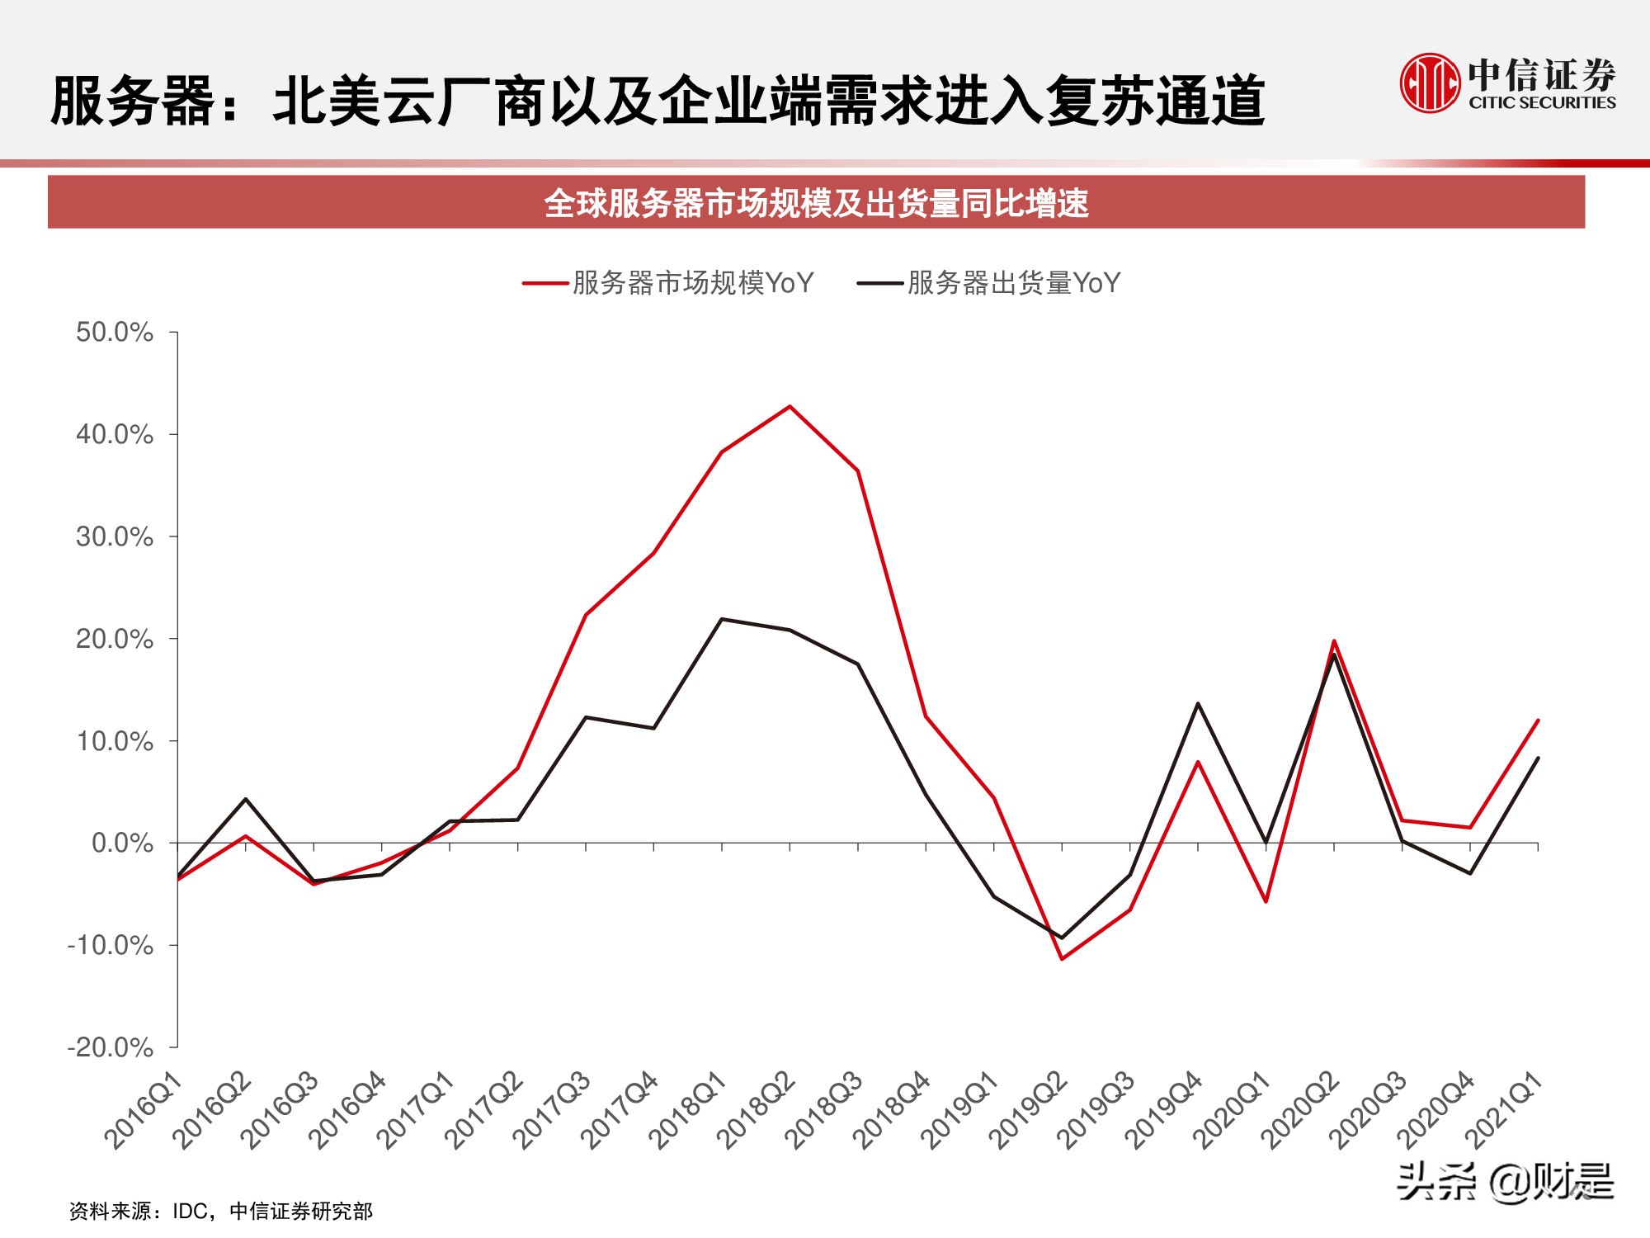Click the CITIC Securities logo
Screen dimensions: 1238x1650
pyautogui.click(x=1508, y=83)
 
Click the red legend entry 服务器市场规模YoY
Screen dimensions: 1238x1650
pyautogui.click(x=668, y=283)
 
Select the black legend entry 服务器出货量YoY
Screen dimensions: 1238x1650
pyautogui.click(x=989, y=283)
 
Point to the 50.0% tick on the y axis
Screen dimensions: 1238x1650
pyautogui.click(x=115, y=333)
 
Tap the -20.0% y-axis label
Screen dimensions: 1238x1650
pyautogui.click(x=111, y=1047)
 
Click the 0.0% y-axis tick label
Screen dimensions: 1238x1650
pyautogui.click(x=122, y=843)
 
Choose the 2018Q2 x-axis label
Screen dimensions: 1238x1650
pyautogui.click(x=756, y=1110)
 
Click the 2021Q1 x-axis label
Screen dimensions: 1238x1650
pyautogui.click(x=1503, y=1110)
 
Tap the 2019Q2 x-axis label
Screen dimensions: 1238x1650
pyautogui.click(x=1028, y=1110)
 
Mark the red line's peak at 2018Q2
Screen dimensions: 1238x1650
pyautogui.click(x=790, y=406)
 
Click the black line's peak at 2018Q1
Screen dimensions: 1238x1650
pyautogui.click(x=722, y=619)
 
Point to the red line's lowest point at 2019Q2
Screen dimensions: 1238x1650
pyautogui.click(x=1062, y=959)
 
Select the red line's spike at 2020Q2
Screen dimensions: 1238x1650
pyautogui.click(x=1334, y=640)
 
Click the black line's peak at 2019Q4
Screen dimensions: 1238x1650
pyautogui.click(x=1198, y=703)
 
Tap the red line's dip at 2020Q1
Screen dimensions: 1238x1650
pyautogui.click(x=1266, y=901)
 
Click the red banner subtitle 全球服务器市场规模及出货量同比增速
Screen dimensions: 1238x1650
pyautogui.click(x=816, y=203)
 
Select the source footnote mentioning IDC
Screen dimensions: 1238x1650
pyautogui.click(x=221, y=1211)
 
